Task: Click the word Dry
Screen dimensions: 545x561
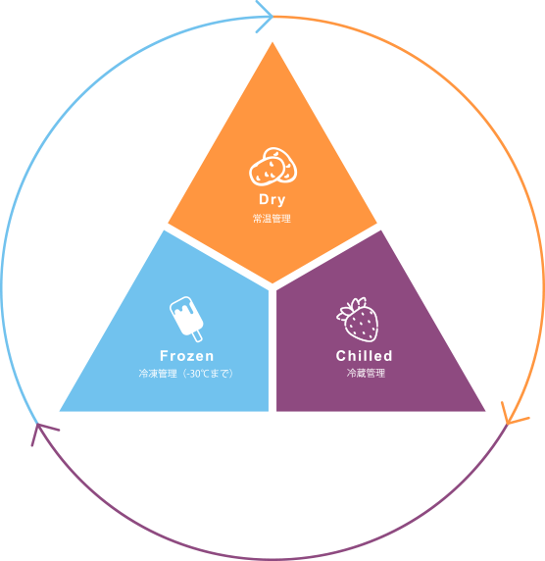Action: [x=272, y=200]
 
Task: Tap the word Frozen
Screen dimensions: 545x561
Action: [x=186, y=356]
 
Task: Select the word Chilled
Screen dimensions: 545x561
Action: [x=364, y=356]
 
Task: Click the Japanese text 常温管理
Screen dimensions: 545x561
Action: [x=272, y=219]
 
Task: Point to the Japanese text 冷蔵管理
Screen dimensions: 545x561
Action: [x=366, y=373]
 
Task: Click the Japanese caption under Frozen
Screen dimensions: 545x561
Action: [x=186, y=374]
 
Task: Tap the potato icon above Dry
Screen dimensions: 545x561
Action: [x=272, y=167]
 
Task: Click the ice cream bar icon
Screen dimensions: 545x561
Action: [x=186, y=319]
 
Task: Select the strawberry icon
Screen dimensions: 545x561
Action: [x=357, y=319]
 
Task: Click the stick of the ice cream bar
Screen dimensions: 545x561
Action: [x=197, y=336]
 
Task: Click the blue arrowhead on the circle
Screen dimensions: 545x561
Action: [x=265, y=17]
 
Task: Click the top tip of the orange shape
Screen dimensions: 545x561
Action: [x=272, y=42]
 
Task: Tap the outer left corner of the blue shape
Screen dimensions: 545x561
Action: [x=60, y=411]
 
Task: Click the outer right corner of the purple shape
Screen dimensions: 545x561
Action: [x=485, y=411]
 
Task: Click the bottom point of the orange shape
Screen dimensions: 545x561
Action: [x=272, y=283]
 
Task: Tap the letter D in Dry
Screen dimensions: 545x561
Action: [x=264, y=199]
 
